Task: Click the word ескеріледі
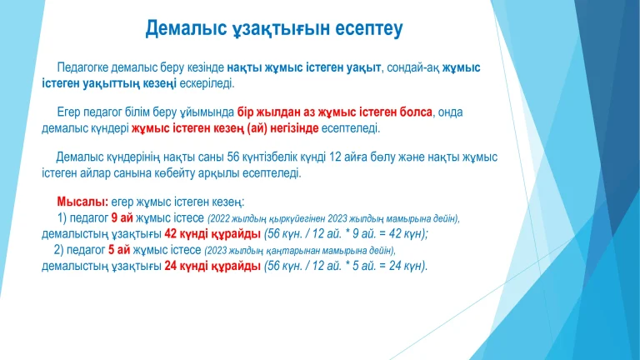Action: pyautogui.click(x=208, y=82)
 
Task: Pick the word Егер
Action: pyautogui.click(x=69, y=112)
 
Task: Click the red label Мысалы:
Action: pyautogui.click(x=82, y=202)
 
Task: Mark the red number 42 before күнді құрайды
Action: pyautogui.click(x=172, y=234)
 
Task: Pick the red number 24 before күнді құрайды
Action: pyautogui.click(x=172, y=266)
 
